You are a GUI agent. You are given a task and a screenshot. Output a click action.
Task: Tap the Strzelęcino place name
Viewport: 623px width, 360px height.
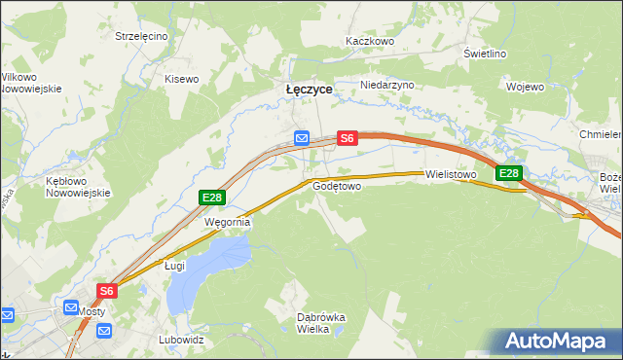(x=141, y=36)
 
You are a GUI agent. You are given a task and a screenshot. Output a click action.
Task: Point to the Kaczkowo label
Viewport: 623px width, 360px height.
(x=370, y=42)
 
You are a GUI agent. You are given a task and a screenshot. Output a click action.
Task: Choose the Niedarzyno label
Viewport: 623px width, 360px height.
(x=387, y=85)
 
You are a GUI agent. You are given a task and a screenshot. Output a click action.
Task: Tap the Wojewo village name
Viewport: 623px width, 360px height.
(x=525, y=87)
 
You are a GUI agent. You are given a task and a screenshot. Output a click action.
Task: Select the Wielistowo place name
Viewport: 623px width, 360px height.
(x=450, y=175)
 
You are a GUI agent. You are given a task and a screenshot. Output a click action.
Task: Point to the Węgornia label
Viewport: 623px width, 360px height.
(x=227, y=222)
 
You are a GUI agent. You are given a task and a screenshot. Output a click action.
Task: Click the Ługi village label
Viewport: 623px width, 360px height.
(x=174, y=265)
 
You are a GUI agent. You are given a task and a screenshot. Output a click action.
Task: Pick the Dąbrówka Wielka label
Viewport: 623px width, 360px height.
(x=320, y=323)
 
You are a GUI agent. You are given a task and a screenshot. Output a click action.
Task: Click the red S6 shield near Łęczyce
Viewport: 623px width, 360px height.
(x=348, y=139)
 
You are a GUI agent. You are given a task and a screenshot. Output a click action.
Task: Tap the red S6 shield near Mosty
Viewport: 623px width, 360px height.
(x=107, y=290)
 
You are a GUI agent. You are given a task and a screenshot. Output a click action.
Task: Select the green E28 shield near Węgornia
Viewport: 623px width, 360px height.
(x=212, y=198)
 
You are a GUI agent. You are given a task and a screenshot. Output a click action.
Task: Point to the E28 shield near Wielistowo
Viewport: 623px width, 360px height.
(x=509, y=174)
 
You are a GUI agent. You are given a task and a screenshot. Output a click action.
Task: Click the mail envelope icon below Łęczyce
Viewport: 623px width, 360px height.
(x=302, y=139)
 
